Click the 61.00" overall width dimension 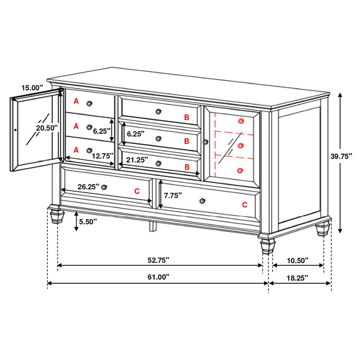click(158, 277)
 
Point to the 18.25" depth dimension click(297, 277)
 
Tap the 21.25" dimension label click(137, 160)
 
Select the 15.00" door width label click(32, 88)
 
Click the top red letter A click(76, 101)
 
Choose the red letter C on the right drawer click(244, 204)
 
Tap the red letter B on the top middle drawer click(187, 117)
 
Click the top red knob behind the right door click(240, 121)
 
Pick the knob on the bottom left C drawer click(104, 186)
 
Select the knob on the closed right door click(205, 142)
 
